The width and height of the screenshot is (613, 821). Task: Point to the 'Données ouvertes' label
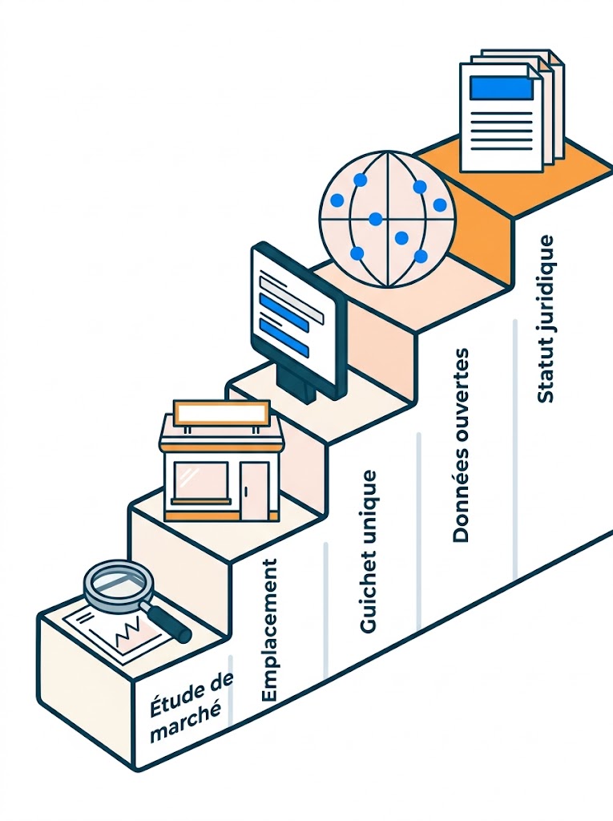(x=460, y=445)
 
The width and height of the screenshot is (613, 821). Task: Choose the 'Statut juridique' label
(x=546, y=319)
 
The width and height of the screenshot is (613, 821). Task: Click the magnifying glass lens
(x=119, y=582)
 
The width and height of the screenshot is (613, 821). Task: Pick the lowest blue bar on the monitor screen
(x=283, y=336)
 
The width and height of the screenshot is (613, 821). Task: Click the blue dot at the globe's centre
(x=375, y=219)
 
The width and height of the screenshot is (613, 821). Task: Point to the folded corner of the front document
(x=535, y=71)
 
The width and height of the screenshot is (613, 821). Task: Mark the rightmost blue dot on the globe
(x=440, y=204)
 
